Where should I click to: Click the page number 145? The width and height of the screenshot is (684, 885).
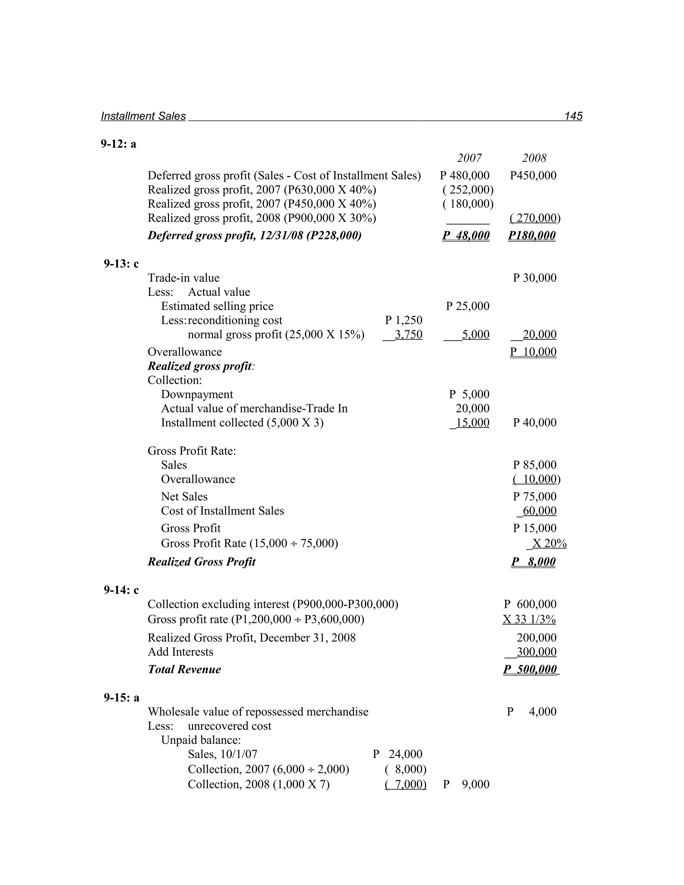click(x=573, y=116)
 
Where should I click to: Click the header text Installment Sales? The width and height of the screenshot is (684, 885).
click(x=143, y=116)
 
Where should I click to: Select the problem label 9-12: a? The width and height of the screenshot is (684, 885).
click(x=118, y=144)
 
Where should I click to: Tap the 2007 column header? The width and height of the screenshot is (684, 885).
click(x=469, y=158)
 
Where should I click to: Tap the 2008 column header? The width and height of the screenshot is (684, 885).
click(x=534, y=158)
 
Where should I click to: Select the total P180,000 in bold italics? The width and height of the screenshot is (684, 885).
click(x=532, y=235)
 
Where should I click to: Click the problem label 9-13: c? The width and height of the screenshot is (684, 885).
click(x=121, y=264)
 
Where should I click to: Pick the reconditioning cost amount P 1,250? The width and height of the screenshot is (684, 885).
click(x=403, y=320)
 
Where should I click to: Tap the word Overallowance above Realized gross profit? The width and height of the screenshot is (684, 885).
click(x=184, y=352)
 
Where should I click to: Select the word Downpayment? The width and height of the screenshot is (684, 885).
click(x=197, y=394)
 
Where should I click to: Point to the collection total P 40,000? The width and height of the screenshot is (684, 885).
click(x=534, y=423)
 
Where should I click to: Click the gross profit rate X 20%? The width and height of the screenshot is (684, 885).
click(x=549, y=543)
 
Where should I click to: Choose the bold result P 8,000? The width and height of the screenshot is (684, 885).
click(x=533, y=562)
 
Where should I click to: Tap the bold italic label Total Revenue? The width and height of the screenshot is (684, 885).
click(x=184, y=669)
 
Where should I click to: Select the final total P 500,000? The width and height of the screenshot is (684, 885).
click(x=530, y=669)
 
